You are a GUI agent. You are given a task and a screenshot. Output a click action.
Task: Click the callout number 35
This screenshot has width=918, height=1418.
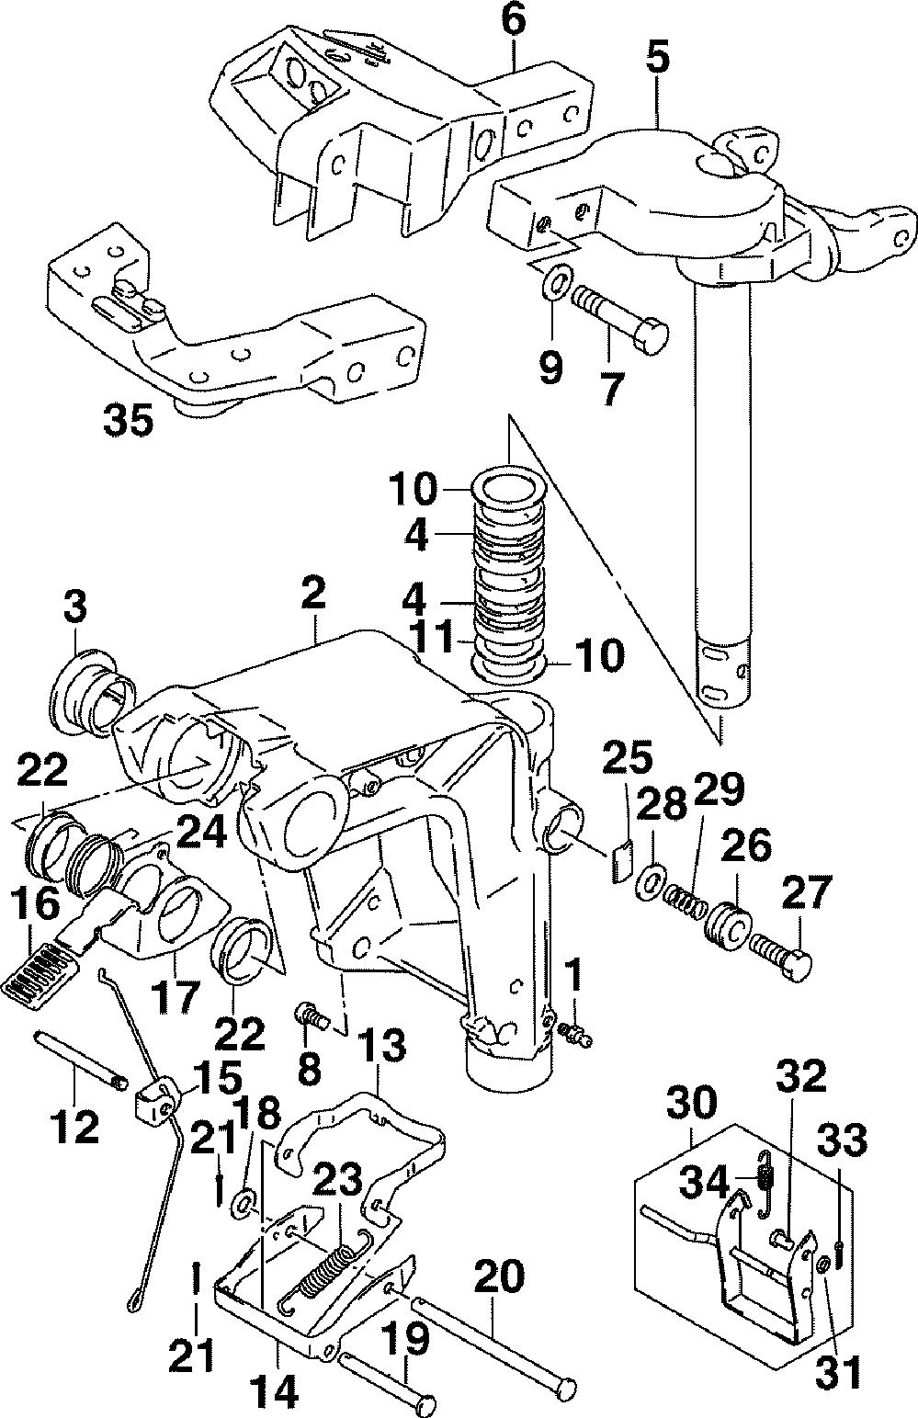click(129, 420)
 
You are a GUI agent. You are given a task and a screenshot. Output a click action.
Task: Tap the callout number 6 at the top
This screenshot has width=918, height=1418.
click(514, 20)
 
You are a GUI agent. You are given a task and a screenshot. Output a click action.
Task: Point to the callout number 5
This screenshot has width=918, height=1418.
click(658, 58)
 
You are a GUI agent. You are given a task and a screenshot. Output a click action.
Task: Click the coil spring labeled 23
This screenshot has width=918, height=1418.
click(325, 1266)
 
